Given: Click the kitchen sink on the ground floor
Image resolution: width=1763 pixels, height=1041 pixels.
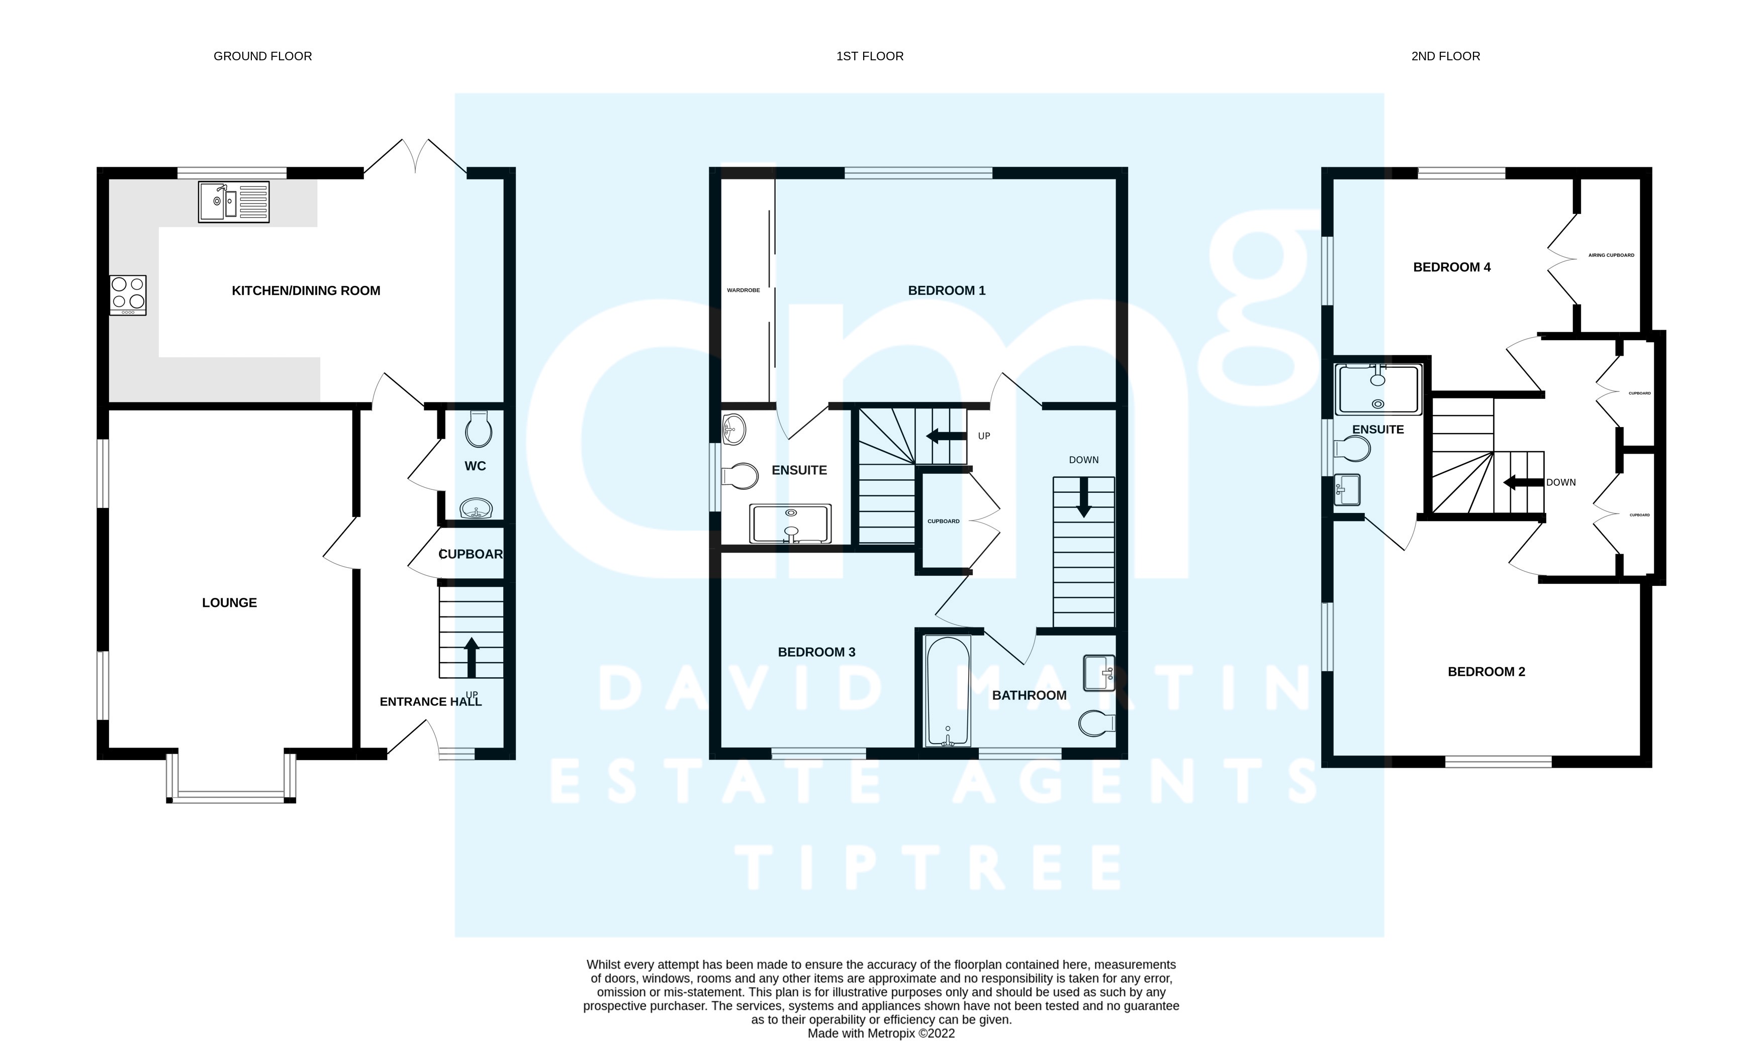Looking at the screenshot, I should coord(234,202).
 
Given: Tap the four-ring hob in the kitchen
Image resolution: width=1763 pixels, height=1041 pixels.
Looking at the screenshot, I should coord(128,294).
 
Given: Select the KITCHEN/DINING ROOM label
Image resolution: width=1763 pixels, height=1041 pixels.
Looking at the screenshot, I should coord(306,290).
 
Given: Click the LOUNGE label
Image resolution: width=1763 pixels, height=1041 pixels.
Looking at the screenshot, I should coord(230,602).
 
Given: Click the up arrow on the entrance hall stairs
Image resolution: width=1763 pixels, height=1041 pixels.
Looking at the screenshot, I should coord(472,657).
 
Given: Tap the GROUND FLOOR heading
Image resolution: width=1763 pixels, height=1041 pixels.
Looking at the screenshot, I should coord(262,56).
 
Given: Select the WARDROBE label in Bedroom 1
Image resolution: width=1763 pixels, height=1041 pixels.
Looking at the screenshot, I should coord(743,290).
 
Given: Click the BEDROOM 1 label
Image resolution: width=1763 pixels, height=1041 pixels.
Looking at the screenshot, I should coord(947,290).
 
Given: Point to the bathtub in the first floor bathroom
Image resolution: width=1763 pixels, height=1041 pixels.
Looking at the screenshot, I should coord(948,691).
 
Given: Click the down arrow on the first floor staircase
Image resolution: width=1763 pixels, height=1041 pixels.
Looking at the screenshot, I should coord(1084,497).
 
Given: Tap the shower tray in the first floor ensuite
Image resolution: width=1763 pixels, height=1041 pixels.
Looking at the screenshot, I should coord(791,524).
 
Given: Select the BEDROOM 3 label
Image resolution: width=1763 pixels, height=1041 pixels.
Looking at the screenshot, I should coord(816,652).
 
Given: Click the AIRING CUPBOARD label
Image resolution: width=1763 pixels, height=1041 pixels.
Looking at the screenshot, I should coord(1611,255).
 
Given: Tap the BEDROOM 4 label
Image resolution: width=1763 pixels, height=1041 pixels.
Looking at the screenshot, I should coord(1451,267).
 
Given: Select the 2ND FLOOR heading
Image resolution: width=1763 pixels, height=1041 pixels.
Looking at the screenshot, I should coord(1445,56).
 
